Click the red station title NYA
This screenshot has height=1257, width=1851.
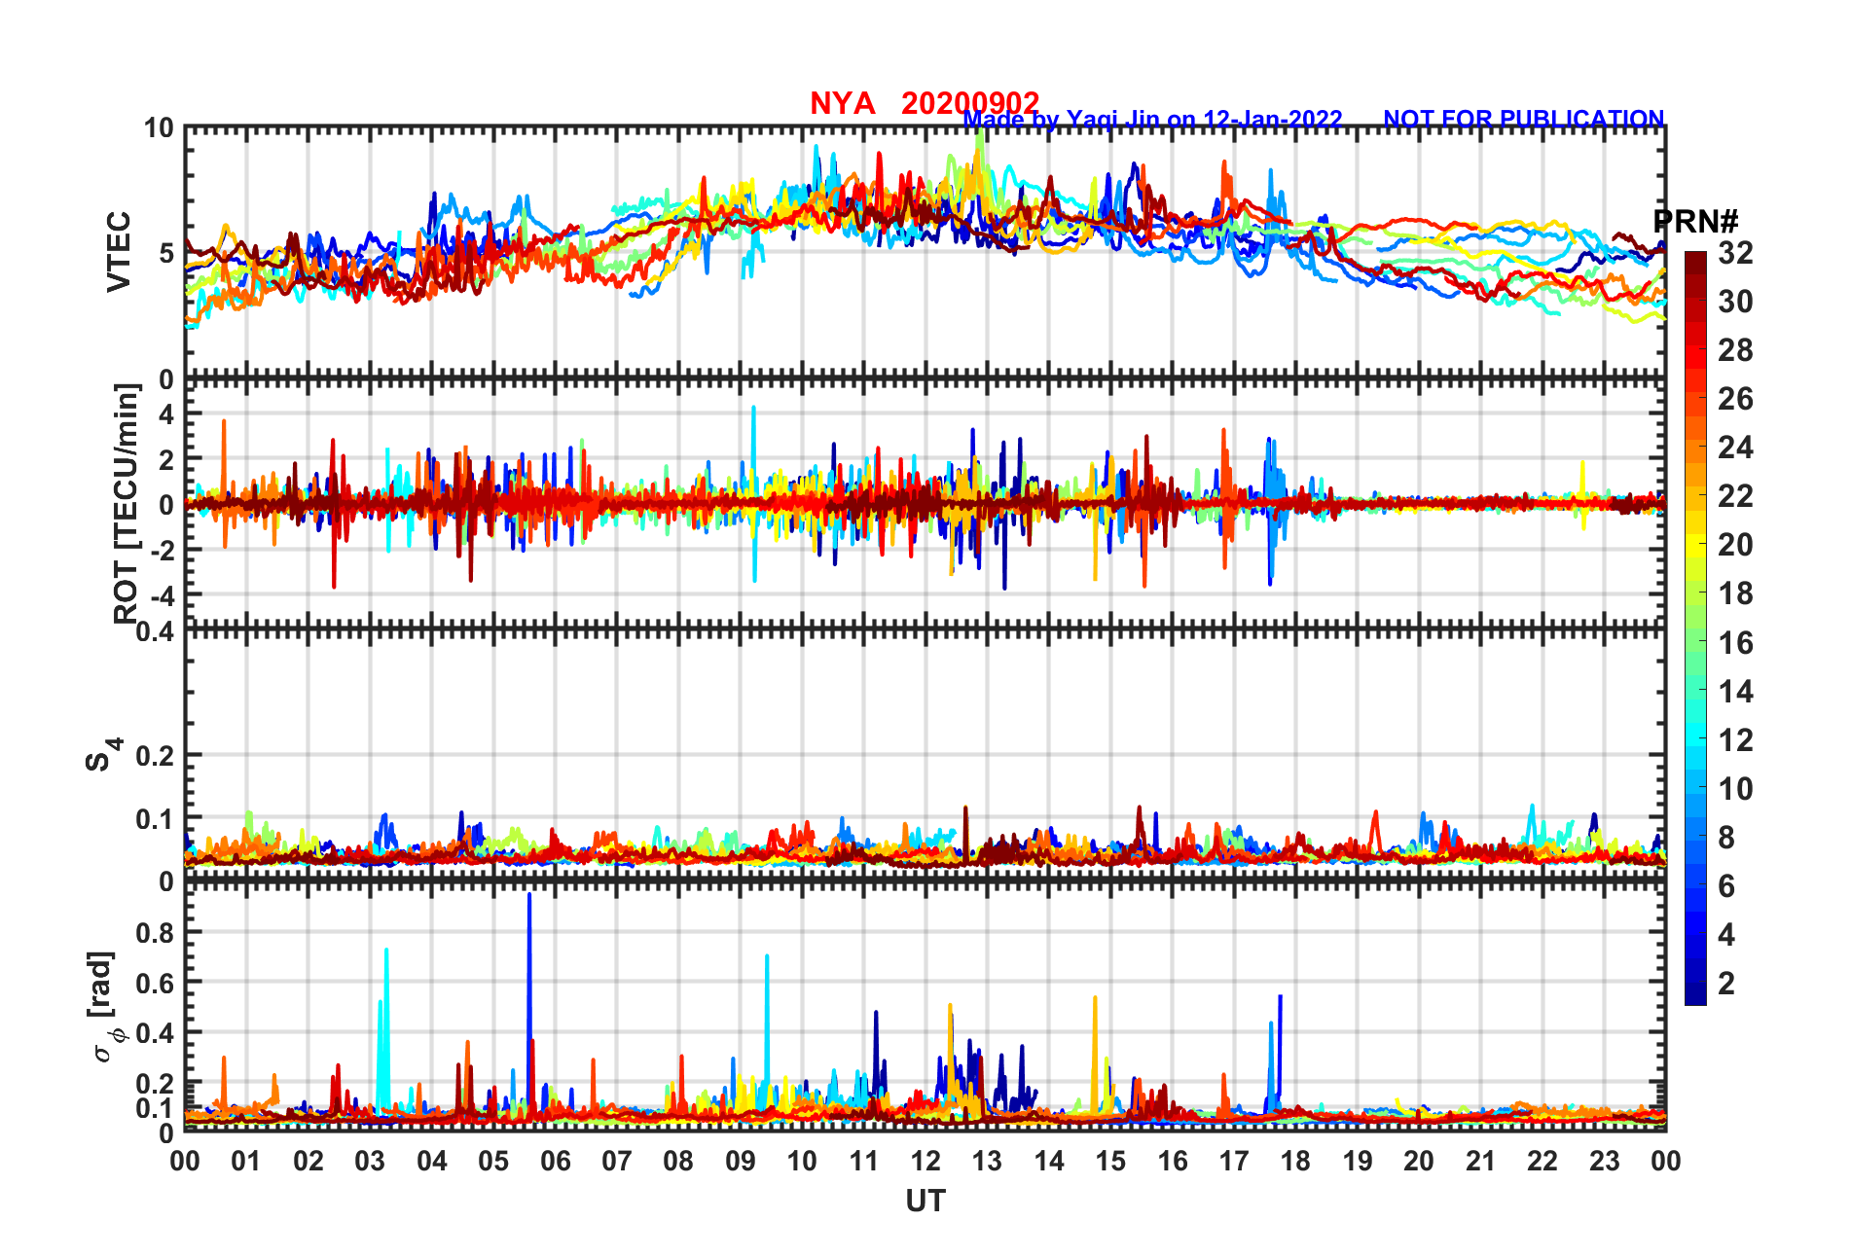[842, 103]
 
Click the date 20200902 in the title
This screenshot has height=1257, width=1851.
[970, 103]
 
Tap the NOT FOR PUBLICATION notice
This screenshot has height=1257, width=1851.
[1523, 119]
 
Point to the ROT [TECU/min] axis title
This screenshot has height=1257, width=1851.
[127, 503]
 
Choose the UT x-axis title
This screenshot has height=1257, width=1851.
[925, 1202]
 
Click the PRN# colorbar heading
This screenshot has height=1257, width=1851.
[1695, 222]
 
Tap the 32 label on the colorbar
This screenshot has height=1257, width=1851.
[1735, 253]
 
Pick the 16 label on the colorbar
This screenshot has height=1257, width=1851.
[1735, 642]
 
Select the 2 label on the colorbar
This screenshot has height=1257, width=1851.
[1726, 983]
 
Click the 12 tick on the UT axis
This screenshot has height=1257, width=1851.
[925, 1161]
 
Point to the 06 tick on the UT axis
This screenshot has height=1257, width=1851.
[555, 1161]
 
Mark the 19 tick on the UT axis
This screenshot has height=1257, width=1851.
[1357, 1161]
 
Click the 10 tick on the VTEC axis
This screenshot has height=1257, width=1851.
[159, 128]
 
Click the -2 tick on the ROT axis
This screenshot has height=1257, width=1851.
[161, 550]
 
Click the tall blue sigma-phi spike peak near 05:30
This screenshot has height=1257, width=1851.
[529, 895]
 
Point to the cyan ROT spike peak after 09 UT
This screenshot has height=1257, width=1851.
[753, 409]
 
